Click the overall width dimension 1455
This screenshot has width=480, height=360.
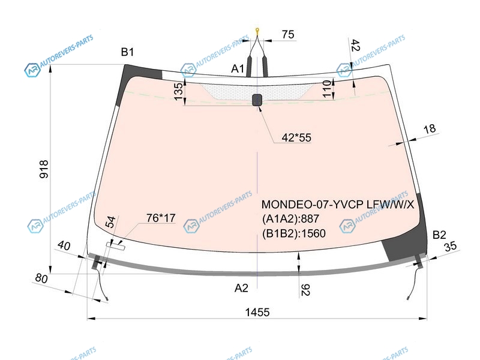(257, 312)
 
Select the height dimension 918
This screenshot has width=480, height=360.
(44, 169)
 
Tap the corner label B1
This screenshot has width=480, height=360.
(127, 52)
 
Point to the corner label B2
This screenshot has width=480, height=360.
(439, 235)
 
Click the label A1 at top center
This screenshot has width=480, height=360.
(238, 68)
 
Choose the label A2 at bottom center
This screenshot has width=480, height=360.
(241, 288)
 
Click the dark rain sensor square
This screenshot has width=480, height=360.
(257, 100)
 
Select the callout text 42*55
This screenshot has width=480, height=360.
(296, 137)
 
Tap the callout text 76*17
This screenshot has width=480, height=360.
(161, 218)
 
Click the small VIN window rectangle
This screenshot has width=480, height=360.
(115, 246)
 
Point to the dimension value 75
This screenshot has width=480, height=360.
(288, 34)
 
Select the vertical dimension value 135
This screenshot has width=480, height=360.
(178, 91)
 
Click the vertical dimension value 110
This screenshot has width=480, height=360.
(327, 89)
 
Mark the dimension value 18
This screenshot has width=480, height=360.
(429, 128)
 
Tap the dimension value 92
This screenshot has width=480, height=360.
(305, 290)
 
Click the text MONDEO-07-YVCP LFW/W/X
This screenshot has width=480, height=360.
(338, 204)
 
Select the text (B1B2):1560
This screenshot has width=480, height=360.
(293, 233)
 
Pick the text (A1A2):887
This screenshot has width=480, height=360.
(290, 219)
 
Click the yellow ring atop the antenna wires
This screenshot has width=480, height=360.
(257, 30)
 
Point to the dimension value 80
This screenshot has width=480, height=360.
(41, 278)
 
